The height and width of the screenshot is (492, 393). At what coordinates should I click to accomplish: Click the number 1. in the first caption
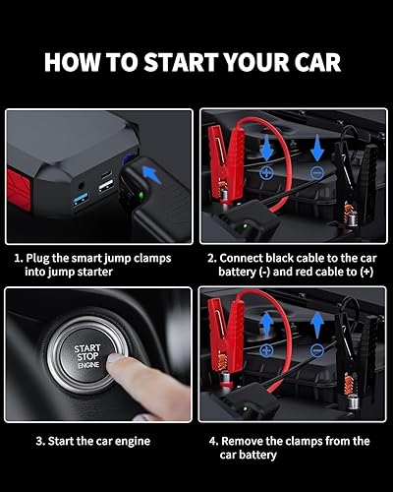[x=18, y=257]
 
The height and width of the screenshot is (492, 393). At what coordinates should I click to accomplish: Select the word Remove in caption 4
[x=249, y=441]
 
